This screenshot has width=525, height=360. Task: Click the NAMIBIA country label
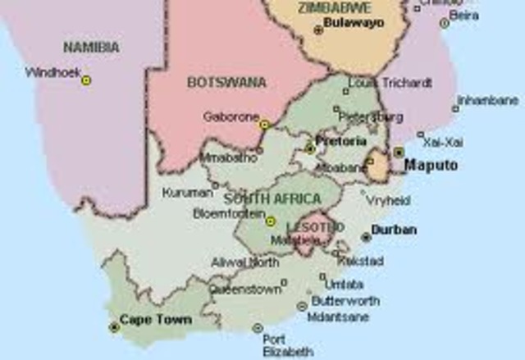pos(91,48)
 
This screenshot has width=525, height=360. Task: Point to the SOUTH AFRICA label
pos(262,199)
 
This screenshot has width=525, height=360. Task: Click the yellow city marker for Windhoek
pos(86,80)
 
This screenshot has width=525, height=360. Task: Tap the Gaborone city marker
pos(264,125)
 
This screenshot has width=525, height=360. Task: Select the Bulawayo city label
pos(354,25)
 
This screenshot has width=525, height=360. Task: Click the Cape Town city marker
pos(114,327)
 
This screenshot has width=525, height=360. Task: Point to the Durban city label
pos(394,230)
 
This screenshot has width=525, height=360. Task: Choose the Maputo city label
pos(431,166)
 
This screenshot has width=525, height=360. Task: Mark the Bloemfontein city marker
pos(271,221)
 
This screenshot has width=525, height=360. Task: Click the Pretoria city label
pos(341,141)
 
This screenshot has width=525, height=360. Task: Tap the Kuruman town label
pos(188,193)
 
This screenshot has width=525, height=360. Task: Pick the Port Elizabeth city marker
pos(258,328)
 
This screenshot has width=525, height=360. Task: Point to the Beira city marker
pos(445,23)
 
